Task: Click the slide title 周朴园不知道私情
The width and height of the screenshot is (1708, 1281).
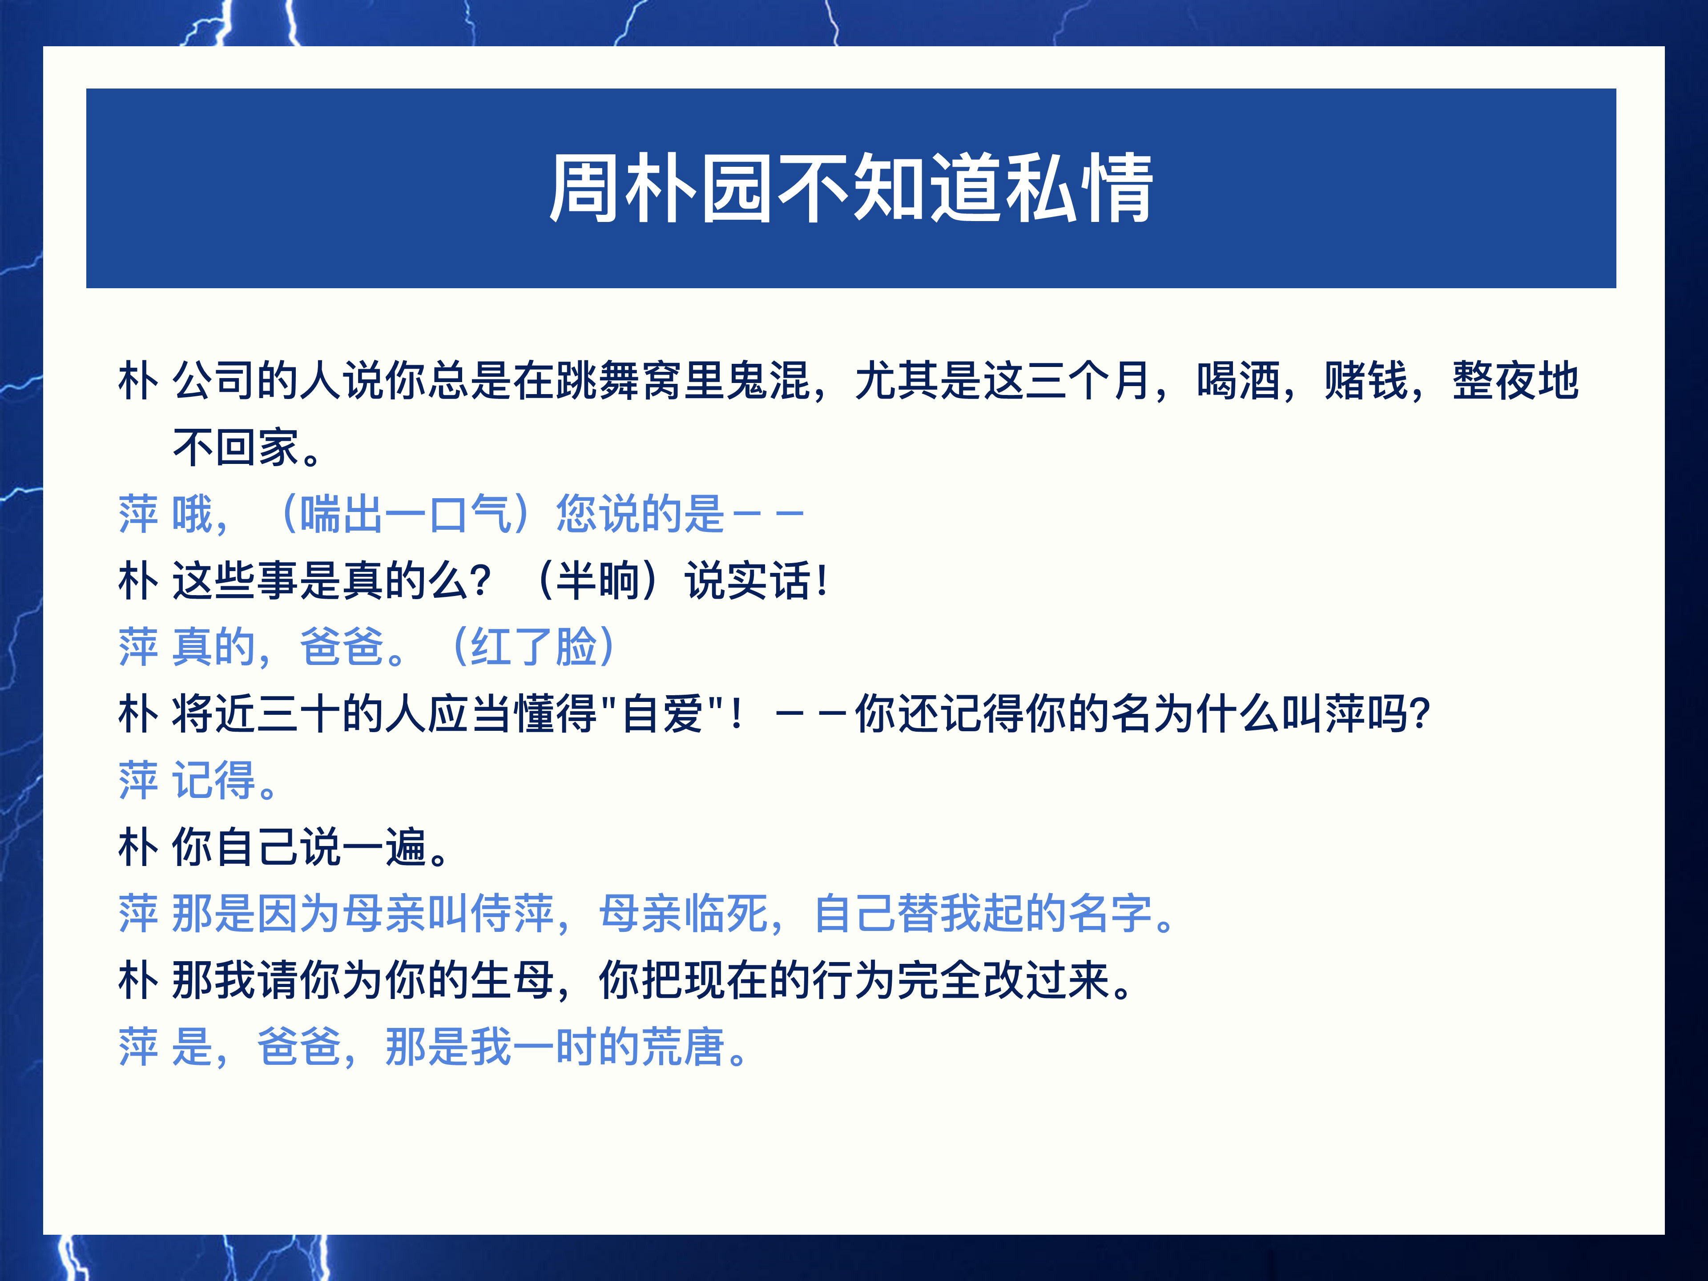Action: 851,189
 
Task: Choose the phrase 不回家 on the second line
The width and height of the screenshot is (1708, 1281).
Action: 235,448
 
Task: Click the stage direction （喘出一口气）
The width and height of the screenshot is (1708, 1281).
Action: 407,514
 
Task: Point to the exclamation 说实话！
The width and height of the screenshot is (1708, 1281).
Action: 757,580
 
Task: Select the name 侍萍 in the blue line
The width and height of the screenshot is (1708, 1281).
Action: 512,914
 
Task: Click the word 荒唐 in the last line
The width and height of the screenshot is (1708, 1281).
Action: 683,1047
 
